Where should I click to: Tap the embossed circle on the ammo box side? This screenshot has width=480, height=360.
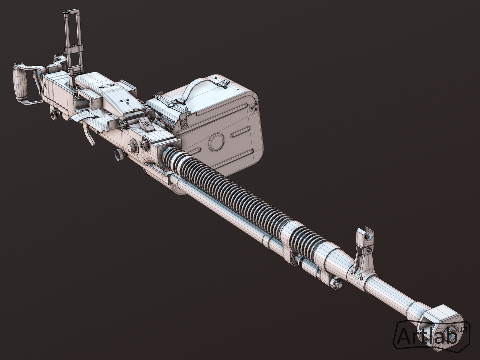(x=216, y=142)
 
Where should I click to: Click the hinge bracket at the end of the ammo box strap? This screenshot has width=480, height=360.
(x=222, y=82)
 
